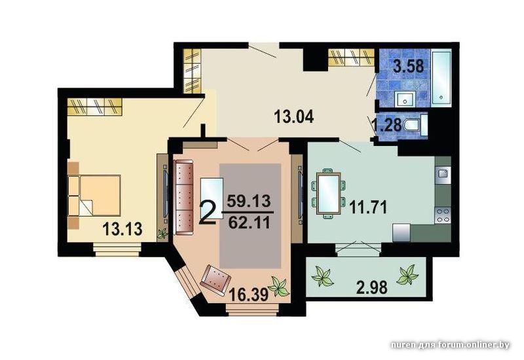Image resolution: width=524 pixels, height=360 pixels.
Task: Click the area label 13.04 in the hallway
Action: [293, 117]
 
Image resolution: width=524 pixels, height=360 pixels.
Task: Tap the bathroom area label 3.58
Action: [408, 66]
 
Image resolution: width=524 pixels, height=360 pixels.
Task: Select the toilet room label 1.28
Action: [388, 125]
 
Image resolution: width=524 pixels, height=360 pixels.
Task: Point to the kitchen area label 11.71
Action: [368, 207]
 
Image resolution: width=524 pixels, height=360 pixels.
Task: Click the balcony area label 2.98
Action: [372, 287]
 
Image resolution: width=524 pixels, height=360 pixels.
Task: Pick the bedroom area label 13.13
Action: [122, 229]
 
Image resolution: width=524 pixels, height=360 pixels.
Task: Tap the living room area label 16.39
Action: [249, 295]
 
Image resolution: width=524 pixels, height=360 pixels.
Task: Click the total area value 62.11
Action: [250, 223]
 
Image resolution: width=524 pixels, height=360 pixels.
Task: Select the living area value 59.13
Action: [249, 201]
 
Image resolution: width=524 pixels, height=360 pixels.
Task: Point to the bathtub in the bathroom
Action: [441, 78]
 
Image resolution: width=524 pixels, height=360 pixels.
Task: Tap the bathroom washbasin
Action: [405, 99]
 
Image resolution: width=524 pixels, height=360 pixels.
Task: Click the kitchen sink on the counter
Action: [443, 174]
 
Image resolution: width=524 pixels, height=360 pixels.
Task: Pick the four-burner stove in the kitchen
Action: [443, 215]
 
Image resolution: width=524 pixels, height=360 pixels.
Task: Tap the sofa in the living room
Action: [184, 198]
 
